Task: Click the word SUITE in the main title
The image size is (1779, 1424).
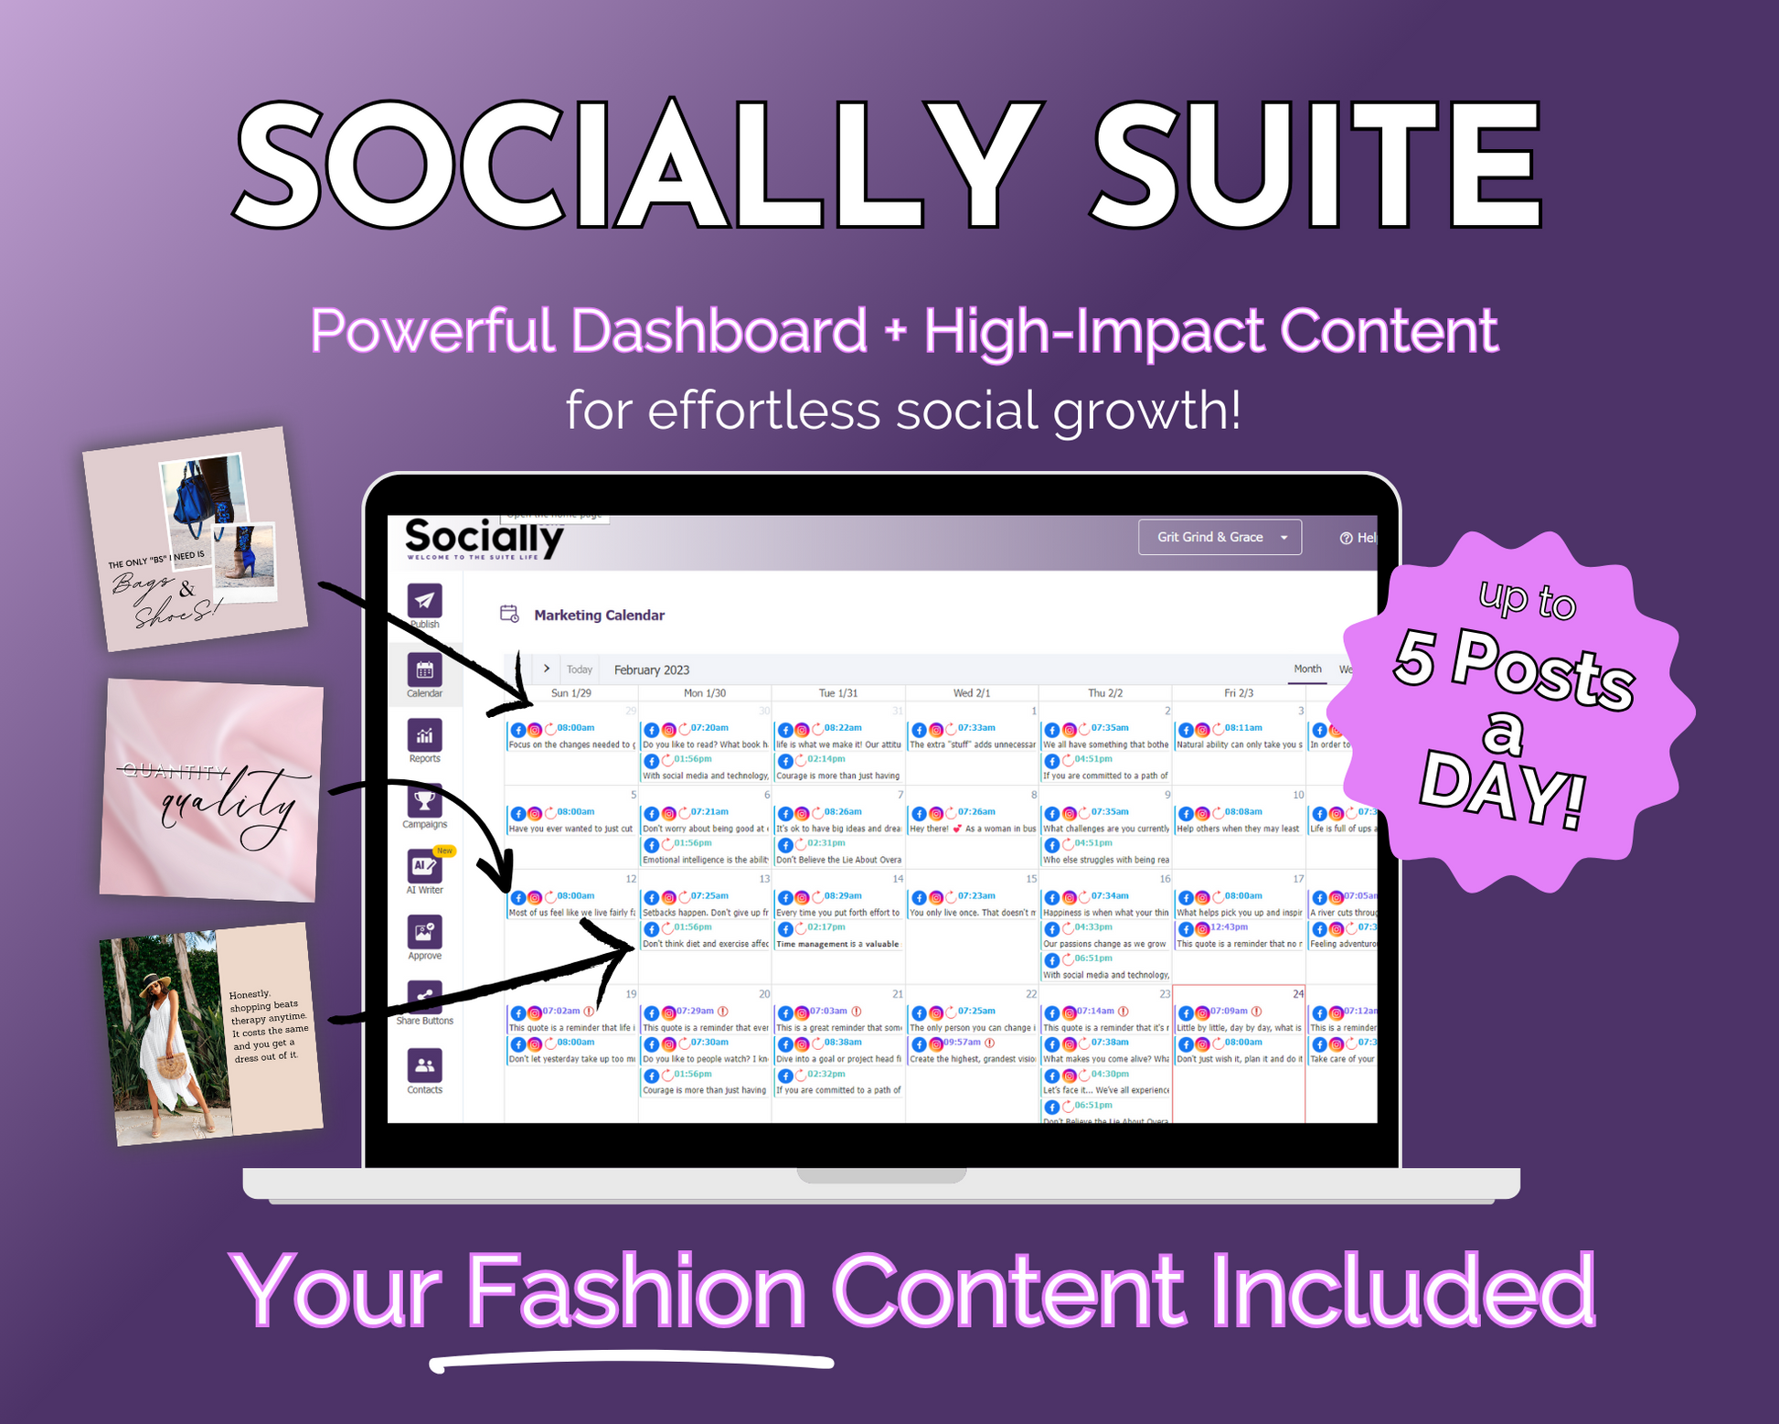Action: [x=1316, y=165]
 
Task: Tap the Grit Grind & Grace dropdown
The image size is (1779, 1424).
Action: [x=1219, y=537]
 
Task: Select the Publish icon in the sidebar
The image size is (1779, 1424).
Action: [x=424, y=601]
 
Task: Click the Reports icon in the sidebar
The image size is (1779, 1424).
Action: [x=424, y=735]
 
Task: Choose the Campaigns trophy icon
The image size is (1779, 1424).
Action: [x=424, y=801]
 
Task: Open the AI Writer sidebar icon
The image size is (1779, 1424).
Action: [x=424, y=866]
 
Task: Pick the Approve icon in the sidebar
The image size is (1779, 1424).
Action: [x=424, y=932]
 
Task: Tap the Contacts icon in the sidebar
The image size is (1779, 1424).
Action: [x=424, y=1065]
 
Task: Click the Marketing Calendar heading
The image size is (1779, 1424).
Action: [x=599, y=616]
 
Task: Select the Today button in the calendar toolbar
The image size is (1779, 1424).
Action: [x=579, y=669]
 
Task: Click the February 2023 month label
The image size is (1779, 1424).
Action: [x=651, y=669]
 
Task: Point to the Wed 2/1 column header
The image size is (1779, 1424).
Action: [x=971, y=693]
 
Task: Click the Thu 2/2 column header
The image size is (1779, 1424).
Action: [x=1104, y=693]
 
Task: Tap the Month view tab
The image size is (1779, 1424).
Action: [x=1307, y=669]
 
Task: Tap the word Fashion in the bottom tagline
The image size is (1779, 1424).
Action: [x=636, y=1290]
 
